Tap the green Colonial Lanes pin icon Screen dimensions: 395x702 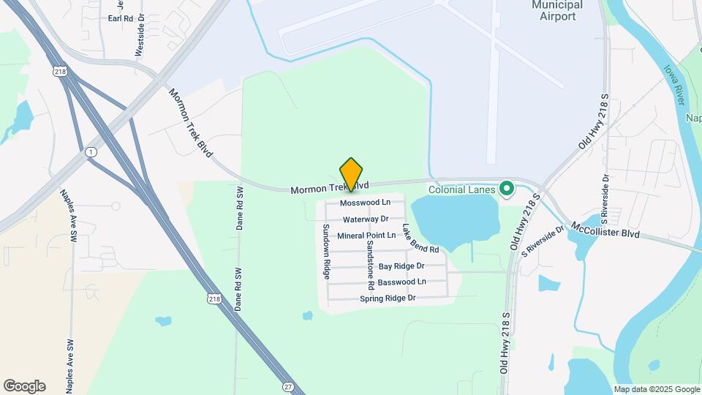tap(506, 189)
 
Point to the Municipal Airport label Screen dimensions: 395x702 tap(556, 10)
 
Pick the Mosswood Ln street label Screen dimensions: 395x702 tap(366, 202)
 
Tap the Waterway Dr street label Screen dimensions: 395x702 tap(365, 219)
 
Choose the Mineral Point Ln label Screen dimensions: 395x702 tap(366, 236)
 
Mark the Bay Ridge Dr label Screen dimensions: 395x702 tap(401, 267)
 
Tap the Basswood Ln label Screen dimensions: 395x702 tap(401, 282)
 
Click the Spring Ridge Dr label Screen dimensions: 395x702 tap(388, 298)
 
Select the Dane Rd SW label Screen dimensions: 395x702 tap(239, 208)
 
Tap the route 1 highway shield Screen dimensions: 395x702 tap(90, 151)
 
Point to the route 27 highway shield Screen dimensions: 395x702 tap(288, 385)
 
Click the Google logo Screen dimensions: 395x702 tap(24, 386)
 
